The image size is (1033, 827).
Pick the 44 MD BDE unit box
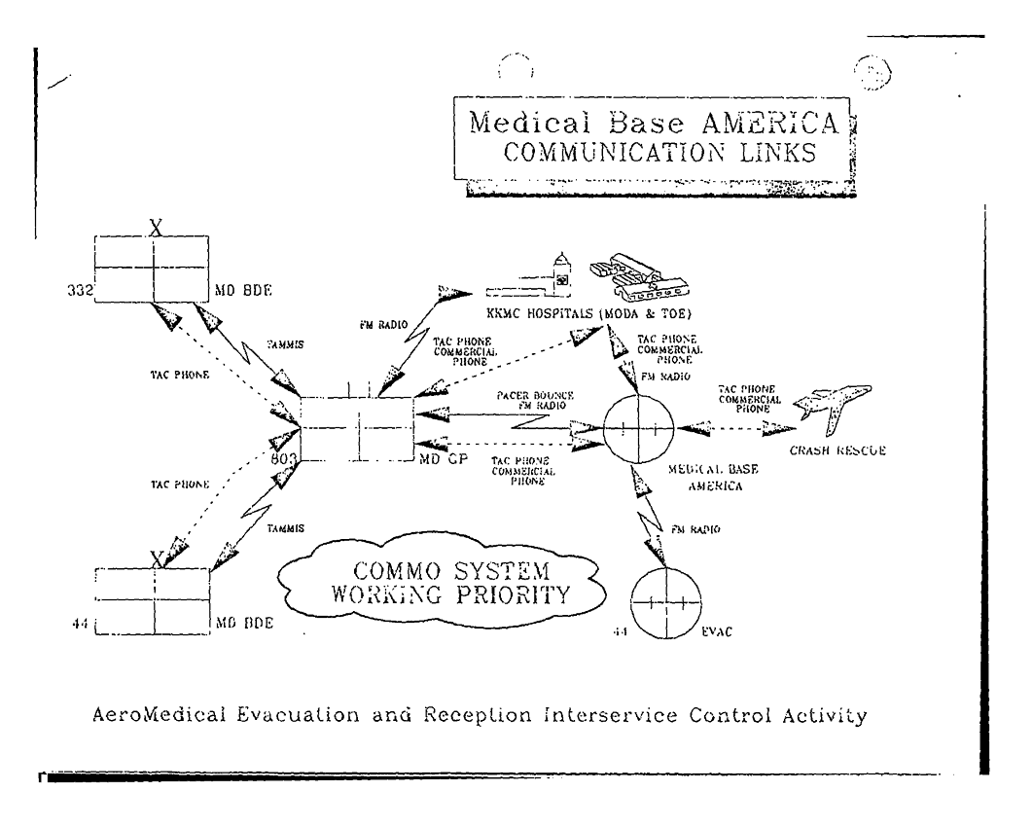click(153, 601)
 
